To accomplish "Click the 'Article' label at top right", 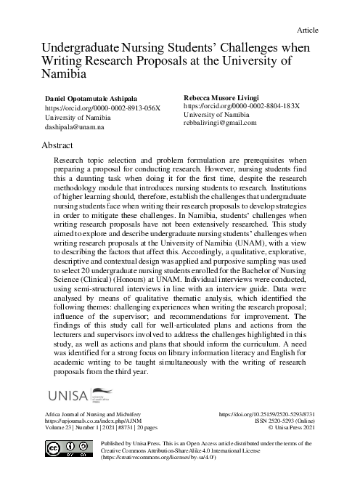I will tap(308, 30).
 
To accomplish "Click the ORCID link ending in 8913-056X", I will tap(102, 108).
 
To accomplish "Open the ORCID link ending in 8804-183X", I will tap(240, 105).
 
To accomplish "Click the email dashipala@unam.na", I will tap(75, 126).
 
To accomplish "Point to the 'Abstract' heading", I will tap(62, 146).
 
